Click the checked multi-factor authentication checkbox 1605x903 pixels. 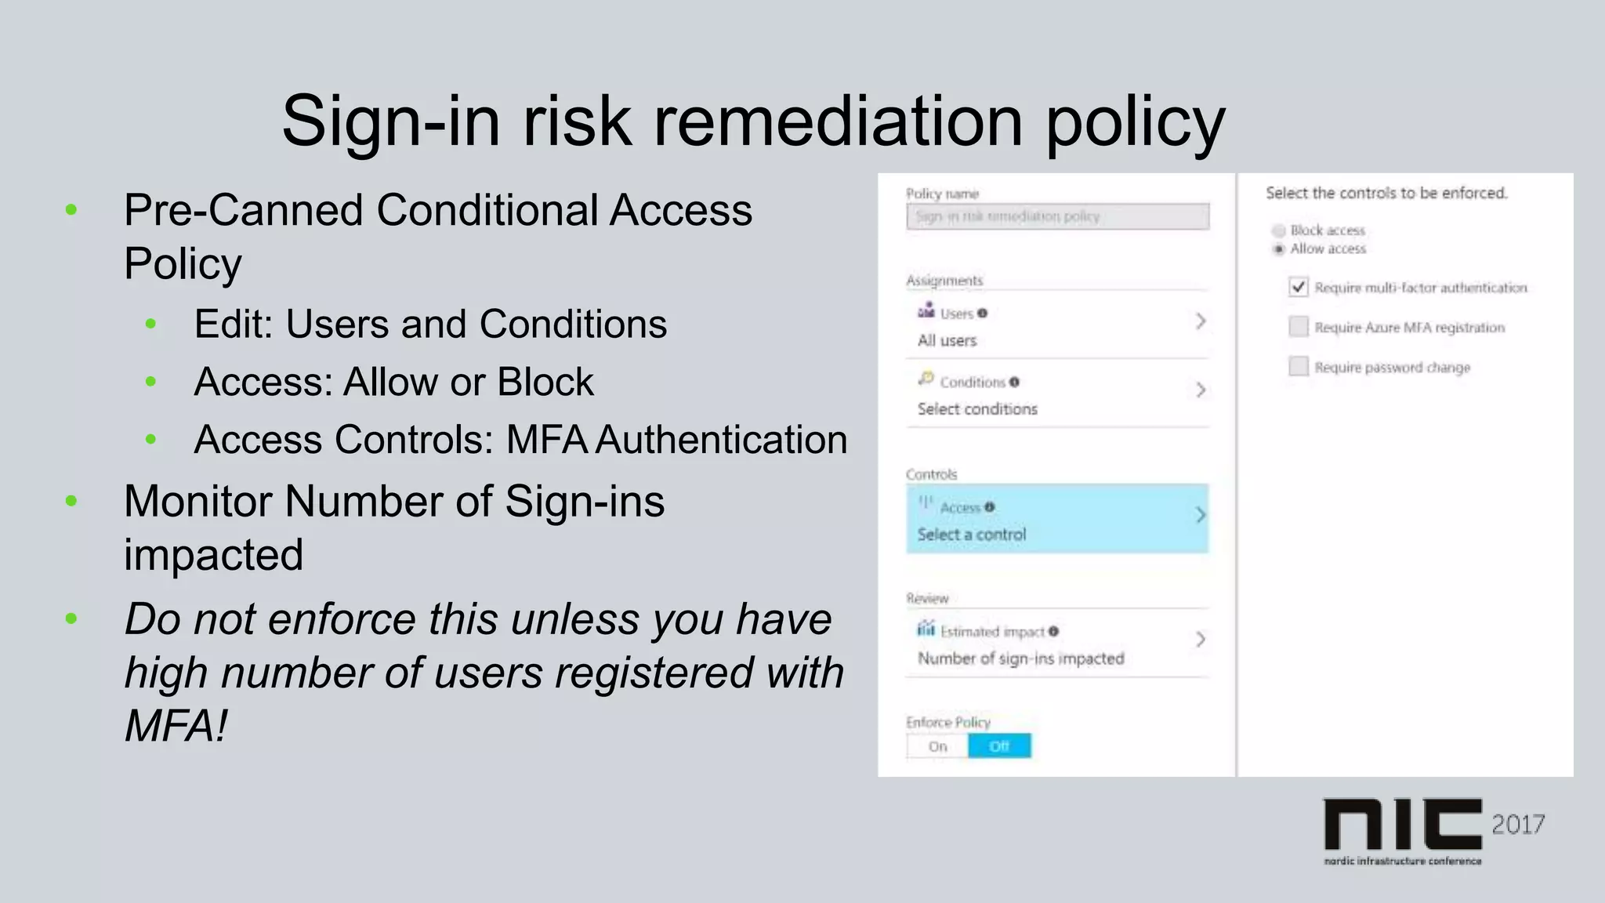[x=1299, y=287]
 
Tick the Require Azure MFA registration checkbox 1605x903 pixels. [x=1299, y=326]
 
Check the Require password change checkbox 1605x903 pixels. [x=1299, y=366]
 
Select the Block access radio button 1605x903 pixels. [x=1279, y=230]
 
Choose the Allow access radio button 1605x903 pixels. [x=1279, y=249]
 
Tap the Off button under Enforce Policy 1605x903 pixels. [x=999, y=746]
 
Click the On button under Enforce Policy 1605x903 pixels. [x=938, y=746]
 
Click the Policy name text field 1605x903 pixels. [x=1057, y=216]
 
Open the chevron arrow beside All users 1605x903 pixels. [x=1201, y=321]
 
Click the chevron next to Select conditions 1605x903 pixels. [x=1201, y=390]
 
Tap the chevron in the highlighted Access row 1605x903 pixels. [x=1201, y=515]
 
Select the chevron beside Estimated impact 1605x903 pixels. [x=1201, y=640]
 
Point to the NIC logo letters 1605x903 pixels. [x=1402, y=825]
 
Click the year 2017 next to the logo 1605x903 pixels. [x=1518, y=825]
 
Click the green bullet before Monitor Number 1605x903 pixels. [x=71, y=502]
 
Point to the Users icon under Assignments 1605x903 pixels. [x=926, y=311]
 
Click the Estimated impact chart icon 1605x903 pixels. [x=926, y=629]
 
